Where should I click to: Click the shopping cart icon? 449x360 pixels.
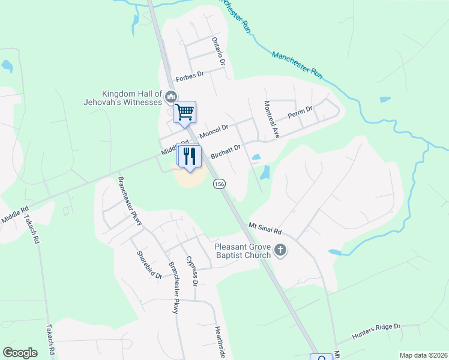(x=185, y=112)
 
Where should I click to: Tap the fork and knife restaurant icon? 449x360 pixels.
(x=190, y=156)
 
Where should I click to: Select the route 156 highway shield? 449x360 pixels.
(x=219, y=185)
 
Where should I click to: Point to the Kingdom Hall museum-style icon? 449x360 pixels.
(x=172, y=96)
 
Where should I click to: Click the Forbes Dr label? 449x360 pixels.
(x=190, y=78)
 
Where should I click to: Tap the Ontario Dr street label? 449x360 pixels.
(x=218, y=51)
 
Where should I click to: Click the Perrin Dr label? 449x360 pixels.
(x=301, y=112)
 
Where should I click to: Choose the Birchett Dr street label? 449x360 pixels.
(x=226, y=151)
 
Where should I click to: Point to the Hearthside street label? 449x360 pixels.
(x=220, y=342)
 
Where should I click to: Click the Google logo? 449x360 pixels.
(x=20, y=353)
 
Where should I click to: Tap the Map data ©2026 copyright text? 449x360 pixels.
(x=423, y=355)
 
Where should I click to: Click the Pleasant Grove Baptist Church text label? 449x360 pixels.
(x=243, y=250)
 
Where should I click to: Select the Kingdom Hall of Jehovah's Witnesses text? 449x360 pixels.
(x=132, y=98)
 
